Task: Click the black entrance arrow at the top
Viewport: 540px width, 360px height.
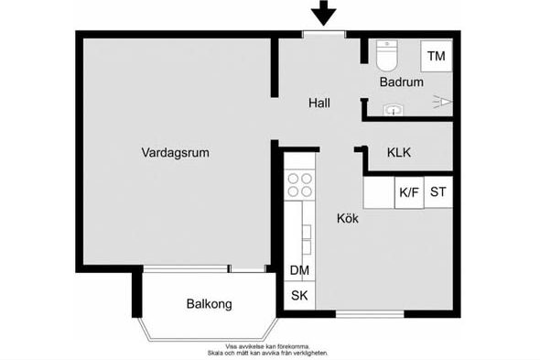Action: [x=323, y=13]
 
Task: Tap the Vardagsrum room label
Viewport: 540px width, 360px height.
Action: [x=176, y=152]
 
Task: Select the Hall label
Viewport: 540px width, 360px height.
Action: [x=319, y=103]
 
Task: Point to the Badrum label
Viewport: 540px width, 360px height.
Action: [x=402, y=82]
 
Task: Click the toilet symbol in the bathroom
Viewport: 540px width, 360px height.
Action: [x=387, y=55]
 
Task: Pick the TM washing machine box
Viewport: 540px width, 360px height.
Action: [x=437, y=56]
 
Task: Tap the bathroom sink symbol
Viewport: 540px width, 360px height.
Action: [x=393, y=110]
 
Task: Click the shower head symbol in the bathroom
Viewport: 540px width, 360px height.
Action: [x=443, y=102]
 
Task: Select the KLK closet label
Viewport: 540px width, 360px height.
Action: [x=399, y=152]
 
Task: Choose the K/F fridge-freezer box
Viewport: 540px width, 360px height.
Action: [x=409, y=192]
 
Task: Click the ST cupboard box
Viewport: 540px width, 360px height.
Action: [x=438, y=192]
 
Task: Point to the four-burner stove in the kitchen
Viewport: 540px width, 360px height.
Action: [x=299, y=185]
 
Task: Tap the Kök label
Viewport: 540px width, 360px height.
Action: [x=348, y=218]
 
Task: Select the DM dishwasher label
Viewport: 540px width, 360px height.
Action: [x=299, y=270]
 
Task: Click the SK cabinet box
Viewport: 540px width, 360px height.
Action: [x=299, y=296]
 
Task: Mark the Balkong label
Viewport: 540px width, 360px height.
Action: [x=209, y=304]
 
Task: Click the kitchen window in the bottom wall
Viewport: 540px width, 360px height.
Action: [x=370, y=314]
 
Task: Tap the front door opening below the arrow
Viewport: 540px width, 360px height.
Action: [x=324, y=34]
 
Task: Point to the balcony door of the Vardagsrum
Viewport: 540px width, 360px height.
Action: [x=247, y=269]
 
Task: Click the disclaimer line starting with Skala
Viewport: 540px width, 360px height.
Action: [x=267, y=353]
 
